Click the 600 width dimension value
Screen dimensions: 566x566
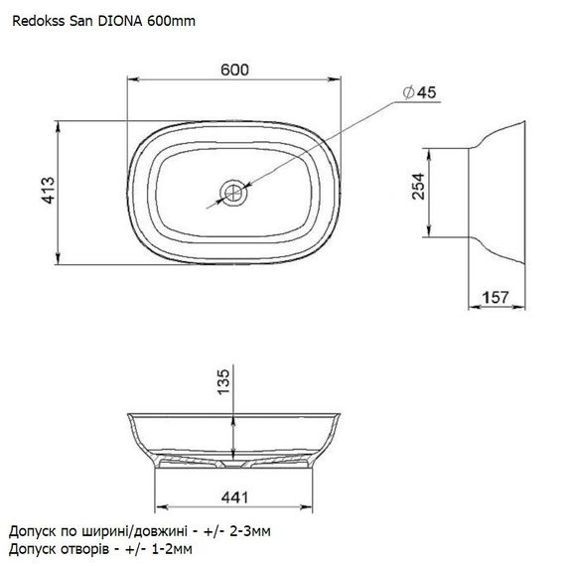click(x=234, y=70)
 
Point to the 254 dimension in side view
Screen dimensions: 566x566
click(x=419, y=186)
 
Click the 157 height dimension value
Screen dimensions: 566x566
click(x=496, y=297)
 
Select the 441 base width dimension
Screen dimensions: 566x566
click(x=234, y=495)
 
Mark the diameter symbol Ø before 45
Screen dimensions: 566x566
click(x=408, y=92)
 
